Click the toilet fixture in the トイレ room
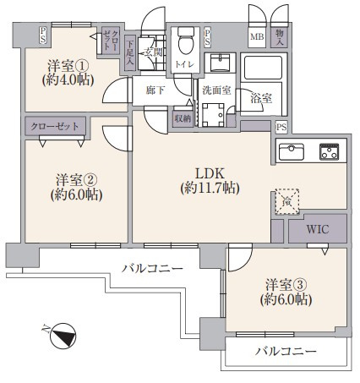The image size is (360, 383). point(186,40)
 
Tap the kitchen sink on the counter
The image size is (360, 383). point(292,152)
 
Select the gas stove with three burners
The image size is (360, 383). point(329,151)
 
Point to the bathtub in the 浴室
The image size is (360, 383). point(263,68)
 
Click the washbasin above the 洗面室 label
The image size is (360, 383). point(220,63)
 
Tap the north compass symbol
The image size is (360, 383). point(63,336)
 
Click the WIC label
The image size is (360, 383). point(318,229)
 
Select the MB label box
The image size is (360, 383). point(257,36)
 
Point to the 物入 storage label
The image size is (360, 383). point(279,37)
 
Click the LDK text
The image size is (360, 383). point(210,173)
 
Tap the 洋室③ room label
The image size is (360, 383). point(286,285)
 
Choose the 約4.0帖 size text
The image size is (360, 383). point(68,80)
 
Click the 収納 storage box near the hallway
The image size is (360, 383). point(183,118)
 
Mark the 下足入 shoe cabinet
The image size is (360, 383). point(129,52)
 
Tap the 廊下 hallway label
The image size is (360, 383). point(155,90)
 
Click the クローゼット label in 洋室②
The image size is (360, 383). point(55,126)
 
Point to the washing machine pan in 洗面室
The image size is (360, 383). point(213,115)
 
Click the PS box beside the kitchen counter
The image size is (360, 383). point(281,128)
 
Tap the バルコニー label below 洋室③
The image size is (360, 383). point(286,352)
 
